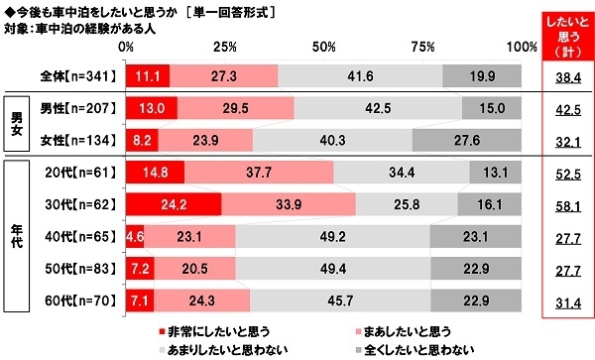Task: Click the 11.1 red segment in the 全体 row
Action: click(x=148, y=75)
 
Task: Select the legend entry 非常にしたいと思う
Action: click(x=214, y=328)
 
